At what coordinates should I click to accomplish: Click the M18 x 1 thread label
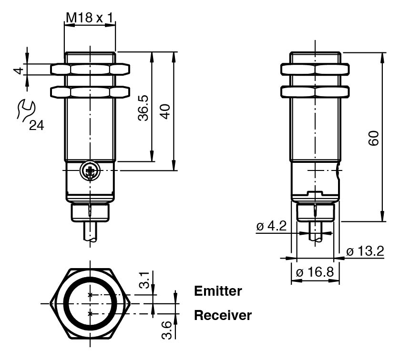click(x=90, y=18)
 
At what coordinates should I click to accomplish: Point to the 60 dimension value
click(x=374, y=138)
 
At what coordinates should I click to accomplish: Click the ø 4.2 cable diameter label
click(x=271, y=226)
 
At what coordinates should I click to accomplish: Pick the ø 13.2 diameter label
click(x=365, y=251)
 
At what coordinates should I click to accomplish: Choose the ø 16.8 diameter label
click(x=315, y=273)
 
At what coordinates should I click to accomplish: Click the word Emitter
click(x=218, y=291)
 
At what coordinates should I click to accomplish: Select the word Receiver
click(x=223, y=315)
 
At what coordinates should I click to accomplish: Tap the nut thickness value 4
click(x=18, y=70)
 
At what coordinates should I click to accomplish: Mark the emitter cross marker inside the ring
click(x=90, y=295)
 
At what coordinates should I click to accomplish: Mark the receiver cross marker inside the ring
click(x=90, y=313)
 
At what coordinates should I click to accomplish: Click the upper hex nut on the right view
click(x=315, y=70)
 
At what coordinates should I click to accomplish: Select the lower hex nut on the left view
click(x=90, y=90)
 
